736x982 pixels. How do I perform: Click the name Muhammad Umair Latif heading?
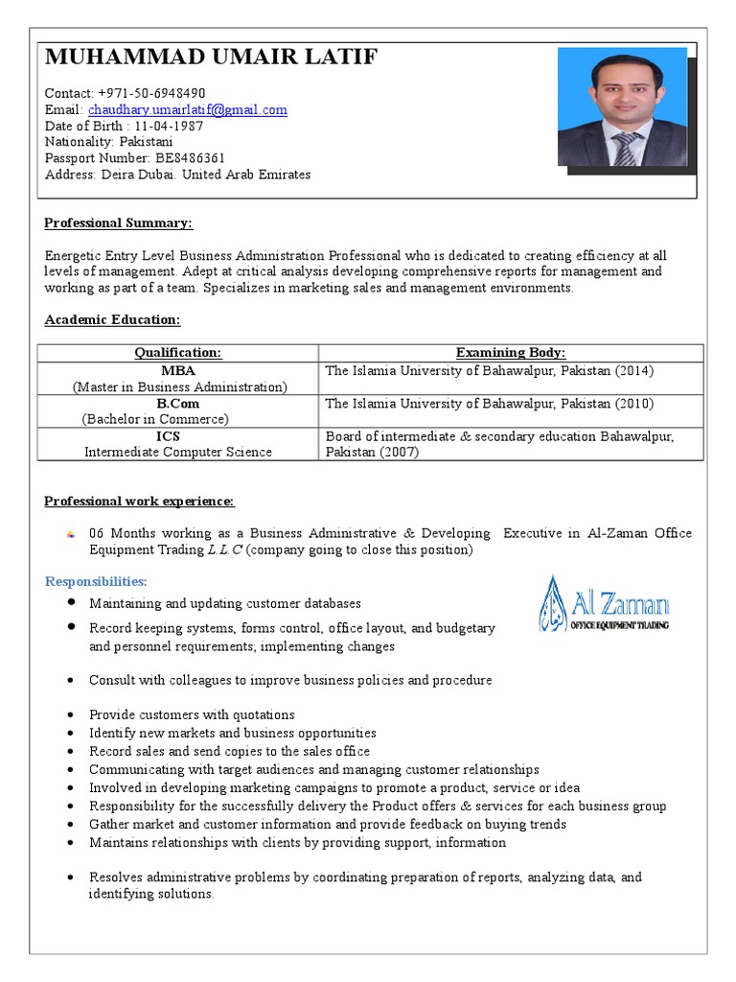click(211, 59)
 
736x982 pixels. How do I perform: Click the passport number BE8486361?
click(189, 158)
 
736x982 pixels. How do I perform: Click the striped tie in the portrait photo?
click(626, 148)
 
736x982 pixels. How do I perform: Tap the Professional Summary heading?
click(119, 223)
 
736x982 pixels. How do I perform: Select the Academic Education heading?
click(112, 319)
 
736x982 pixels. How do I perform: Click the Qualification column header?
click(178, 353)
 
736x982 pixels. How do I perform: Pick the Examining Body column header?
click(510, 353)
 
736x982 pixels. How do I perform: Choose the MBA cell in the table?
click(178, 370)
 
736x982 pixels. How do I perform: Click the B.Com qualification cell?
click(178, 404)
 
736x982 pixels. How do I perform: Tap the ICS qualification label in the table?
click(178, 435)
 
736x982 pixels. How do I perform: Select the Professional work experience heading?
click(140, 502)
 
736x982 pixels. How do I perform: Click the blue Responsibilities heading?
click(96, 582)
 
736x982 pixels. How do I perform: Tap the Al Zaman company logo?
click(604, 604)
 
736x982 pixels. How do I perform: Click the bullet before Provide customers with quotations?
click(73, 715)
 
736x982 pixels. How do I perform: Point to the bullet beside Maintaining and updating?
click(73, 603)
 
